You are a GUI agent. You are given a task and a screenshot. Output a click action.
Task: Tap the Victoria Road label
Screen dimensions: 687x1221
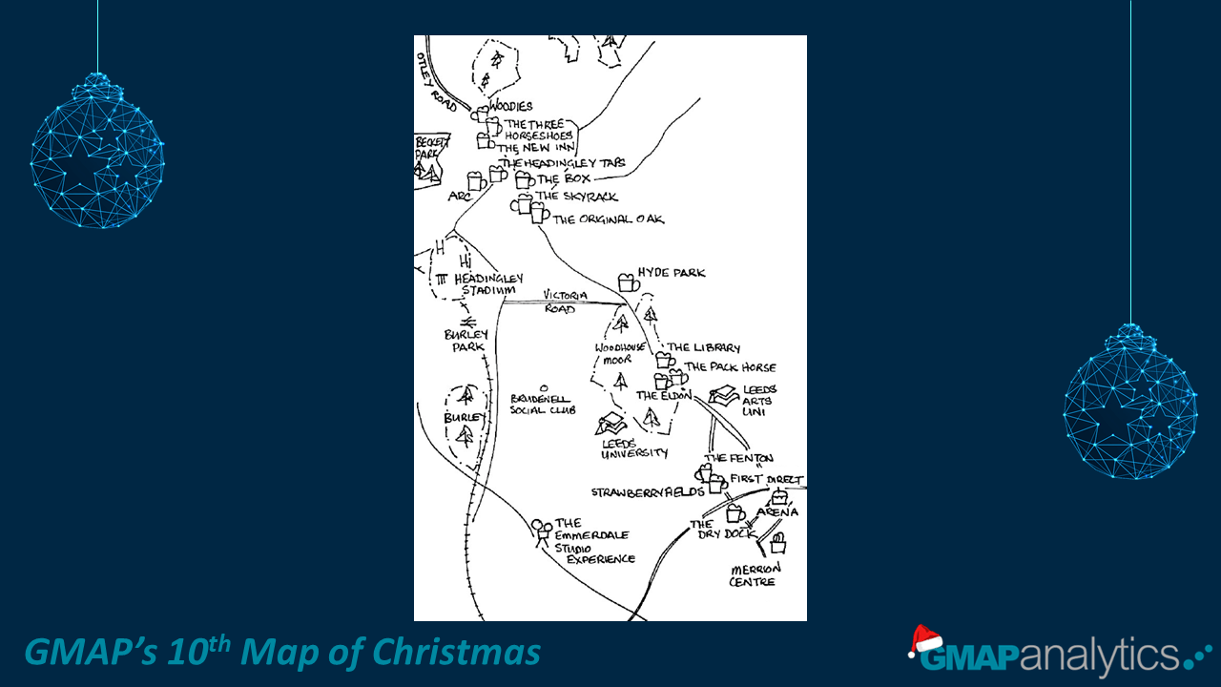click(564, 302)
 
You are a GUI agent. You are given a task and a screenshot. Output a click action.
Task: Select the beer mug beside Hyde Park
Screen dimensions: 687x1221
click(628, 281)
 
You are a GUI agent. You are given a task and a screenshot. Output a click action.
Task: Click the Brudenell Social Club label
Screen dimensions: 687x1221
click(542, 404)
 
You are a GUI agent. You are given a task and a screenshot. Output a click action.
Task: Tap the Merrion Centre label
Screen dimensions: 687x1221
click(754, 574)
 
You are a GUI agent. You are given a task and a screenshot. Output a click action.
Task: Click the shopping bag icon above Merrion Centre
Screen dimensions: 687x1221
click(777, 545)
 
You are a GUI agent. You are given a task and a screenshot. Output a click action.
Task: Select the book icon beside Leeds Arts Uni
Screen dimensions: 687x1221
click(723, 395)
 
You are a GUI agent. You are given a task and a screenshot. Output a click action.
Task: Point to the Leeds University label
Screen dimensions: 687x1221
click(634, 448)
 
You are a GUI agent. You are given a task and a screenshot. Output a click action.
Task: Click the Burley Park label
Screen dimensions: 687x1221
click(466, 341)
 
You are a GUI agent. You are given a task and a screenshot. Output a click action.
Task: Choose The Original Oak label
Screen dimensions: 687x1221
click(608, 219)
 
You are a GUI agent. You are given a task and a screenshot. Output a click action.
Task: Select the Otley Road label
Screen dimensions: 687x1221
click(438, 82)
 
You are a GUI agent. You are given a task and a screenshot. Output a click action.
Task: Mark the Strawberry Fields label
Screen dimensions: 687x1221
click(648, 492)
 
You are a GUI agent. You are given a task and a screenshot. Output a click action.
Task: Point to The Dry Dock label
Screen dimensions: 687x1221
click(721, 530)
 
